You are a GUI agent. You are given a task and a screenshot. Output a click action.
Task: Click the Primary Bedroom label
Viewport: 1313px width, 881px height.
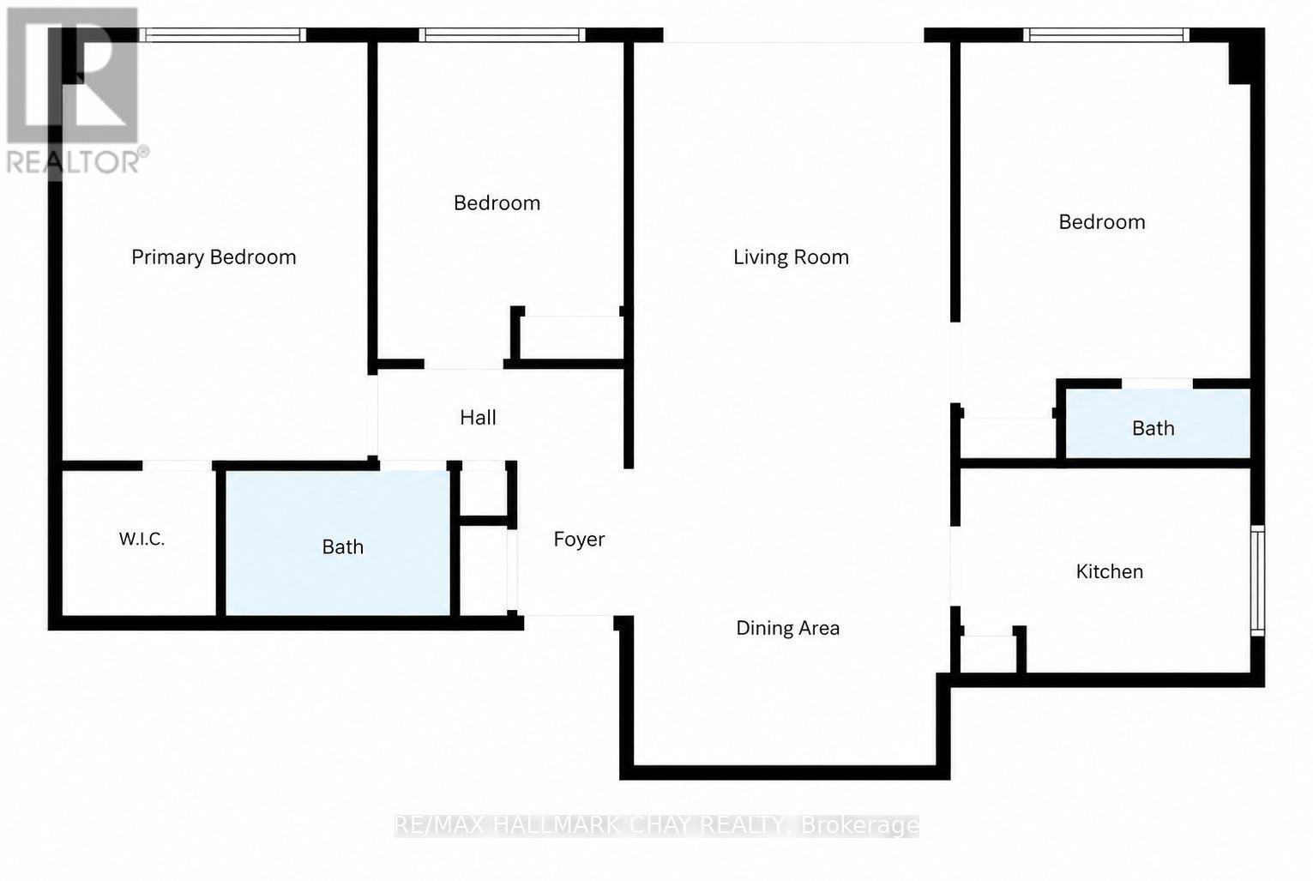tap(214, 257)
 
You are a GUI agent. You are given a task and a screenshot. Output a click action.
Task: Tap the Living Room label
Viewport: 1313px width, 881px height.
tap(791, 256)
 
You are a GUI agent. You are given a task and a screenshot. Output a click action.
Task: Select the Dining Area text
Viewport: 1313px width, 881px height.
tap(788, 628)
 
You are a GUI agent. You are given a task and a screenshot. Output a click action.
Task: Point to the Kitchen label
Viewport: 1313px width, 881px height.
tap(1110, 571)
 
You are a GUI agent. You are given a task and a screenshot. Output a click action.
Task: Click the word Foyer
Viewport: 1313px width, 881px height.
tap(579, 540)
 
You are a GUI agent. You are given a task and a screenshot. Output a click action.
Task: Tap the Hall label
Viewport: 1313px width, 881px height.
tap(478, 418)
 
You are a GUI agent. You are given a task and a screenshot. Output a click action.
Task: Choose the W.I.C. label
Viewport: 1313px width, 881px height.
tap(142, 540)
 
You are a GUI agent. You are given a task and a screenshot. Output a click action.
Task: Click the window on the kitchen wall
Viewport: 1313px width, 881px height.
tap(1256, 580)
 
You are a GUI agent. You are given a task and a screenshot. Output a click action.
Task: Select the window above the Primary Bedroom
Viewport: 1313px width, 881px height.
tap(223, 34)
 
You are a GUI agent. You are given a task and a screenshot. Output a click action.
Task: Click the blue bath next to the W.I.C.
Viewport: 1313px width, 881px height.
tap(338, 543)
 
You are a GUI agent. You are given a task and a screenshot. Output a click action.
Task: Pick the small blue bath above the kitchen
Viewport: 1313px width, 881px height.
tap(1158, 423)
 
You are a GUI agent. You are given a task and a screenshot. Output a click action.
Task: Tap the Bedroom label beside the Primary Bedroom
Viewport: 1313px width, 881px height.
tap(497, 202)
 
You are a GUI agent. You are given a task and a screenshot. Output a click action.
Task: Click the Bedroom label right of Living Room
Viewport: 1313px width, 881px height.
tap(1102, 221)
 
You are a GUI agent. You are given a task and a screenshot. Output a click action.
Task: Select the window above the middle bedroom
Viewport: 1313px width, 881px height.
tap(502, 34)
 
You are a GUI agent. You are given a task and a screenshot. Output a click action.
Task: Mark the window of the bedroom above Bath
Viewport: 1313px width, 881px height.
tap(1106, 34)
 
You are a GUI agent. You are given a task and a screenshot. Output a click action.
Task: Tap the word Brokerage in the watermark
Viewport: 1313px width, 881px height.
tap(860, 825)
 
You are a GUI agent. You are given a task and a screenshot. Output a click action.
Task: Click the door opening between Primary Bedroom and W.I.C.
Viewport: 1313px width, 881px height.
tap(177, 466)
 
